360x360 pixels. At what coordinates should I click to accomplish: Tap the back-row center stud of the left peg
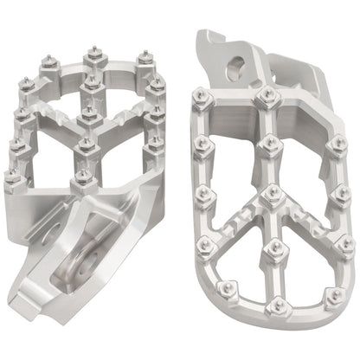[x=93, y=56]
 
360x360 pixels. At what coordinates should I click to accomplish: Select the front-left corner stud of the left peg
[x=14, y=177]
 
